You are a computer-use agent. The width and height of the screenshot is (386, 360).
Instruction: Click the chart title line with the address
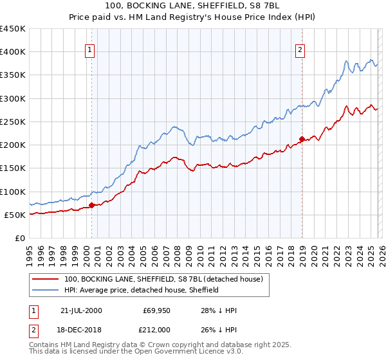click(x=192, y=6)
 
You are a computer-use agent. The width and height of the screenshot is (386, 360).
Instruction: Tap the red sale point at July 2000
click(x=91, y=206)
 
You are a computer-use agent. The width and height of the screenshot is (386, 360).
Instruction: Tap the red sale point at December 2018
click(x=302, y=138)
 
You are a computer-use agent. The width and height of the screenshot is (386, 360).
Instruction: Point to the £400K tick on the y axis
click(x=14, y=52)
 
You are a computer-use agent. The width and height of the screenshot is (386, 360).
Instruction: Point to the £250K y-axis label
click(x=14, y=122)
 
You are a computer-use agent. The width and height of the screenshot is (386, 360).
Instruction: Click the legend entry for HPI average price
click(x=141, y=290)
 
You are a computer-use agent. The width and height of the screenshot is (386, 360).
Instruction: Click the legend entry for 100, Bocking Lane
click(x=163, y=280)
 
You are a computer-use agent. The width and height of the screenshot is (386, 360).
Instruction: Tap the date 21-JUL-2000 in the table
click(x=80, y=310)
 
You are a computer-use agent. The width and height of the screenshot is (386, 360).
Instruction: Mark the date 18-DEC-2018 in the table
click(x=80, y=329)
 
